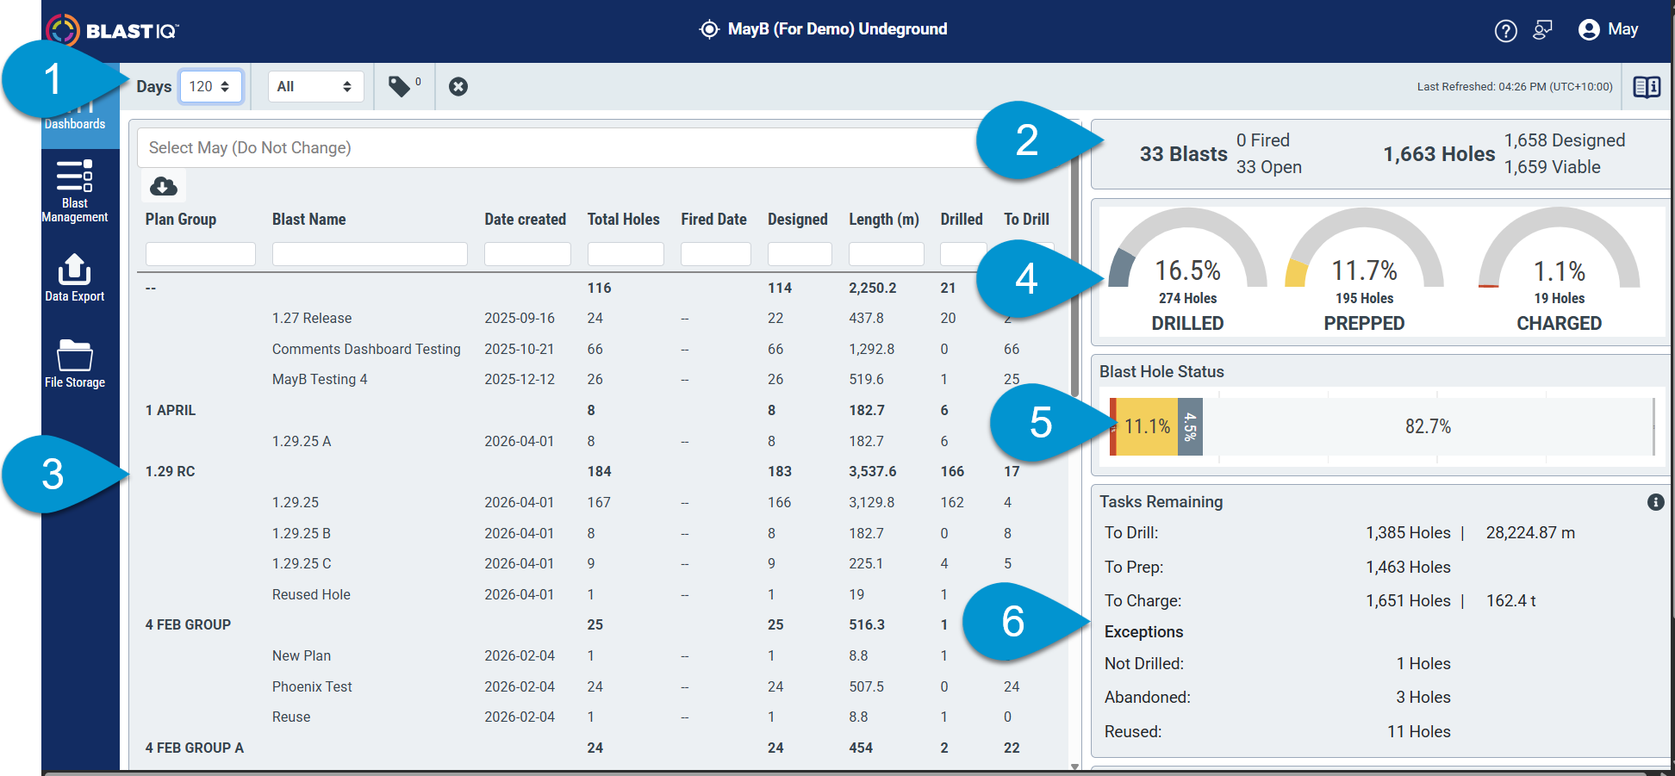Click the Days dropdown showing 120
point(210,87)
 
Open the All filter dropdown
point(315,87)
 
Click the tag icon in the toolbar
point(400,86)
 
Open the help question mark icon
point(1505,31)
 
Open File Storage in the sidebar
point(75,363)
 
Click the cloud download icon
point(164,186)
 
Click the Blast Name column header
point(308,220)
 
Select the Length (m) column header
point(884,220)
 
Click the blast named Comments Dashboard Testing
point(366,349)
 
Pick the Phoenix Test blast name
point(312,686)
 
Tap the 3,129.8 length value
point(872,502)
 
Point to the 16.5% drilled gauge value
point(1187,270)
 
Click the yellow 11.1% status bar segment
point(1147,426)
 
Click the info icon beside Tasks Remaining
point(1655,502)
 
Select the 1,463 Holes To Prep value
point(1408,567)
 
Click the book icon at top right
point(1647,87)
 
